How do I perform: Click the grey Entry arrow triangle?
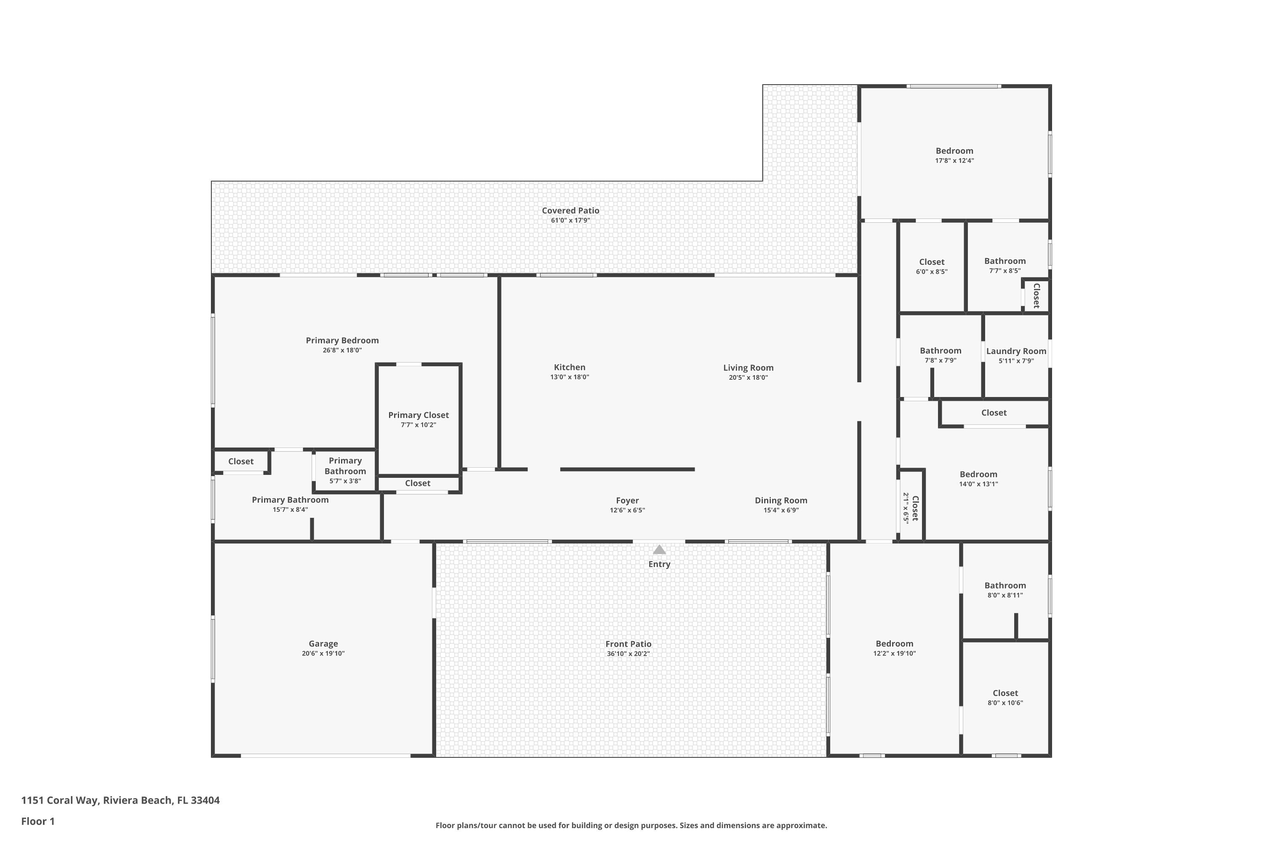pyautogui.click(x=659, y=550)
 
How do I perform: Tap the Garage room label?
pyautogui.click(x=323, y=643)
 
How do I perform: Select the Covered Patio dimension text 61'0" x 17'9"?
pyautogui.click(x=570, y=221)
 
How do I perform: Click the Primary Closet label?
pyautogui.click(x=418, y=415)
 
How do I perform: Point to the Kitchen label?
pyautogui.click(x=569, y=367)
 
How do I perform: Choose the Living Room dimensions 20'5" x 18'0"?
pyautogui.click(x=748, y=378)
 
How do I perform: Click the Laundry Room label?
pyautogui.click(x=1016, y=351)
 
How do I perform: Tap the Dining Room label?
pyautogui.click(x=781, y=501)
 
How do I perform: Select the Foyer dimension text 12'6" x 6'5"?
pyautogui.click(x=627, y=510)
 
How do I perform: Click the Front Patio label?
pyautogui.click(x=628, y=644)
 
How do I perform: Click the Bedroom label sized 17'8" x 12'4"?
pyautogui.click(x=954, y=151)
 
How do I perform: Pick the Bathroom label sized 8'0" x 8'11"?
pyautogui.click(x=1005, y=585)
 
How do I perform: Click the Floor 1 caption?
pyautogui.click(x=37, y=821)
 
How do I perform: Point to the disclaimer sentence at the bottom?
pyautogui.click(x=631, y=825)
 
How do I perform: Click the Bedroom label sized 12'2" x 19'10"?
pyautogui.click(x=894, y=643)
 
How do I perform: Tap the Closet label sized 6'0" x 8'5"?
pyautogui.click(x=931, y=262)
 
